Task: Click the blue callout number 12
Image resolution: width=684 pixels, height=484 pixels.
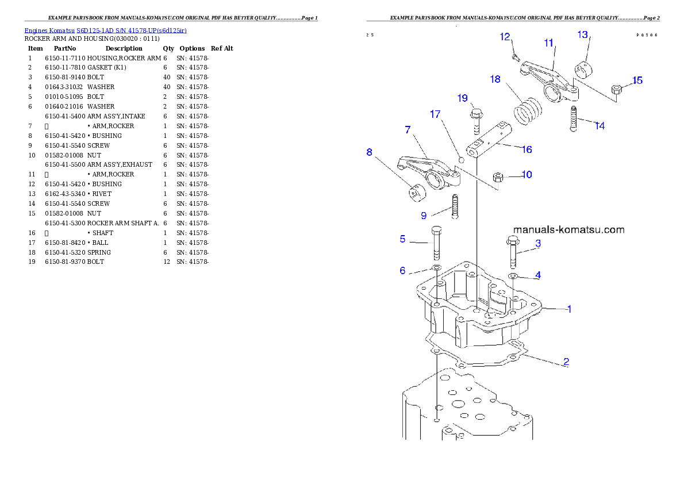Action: [505, 37]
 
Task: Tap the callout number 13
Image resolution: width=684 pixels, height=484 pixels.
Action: [583, 35]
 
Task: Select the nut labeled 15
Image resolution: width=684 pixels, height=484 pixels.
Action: [616, 89]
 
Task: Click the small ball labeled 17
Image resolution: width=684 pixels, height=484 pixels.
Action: [460, 158]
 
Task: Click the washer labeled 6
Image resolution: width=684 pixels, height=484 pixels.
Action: [436, 268]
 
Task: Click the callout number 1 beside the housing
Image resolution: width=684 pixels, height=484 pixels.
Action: [569, 309]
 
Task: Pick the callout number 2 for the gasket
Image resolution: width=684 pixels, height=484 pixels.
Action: [566, 362]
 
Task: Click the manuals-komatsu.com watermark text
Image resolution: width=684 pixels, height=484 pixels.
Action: [568, 230]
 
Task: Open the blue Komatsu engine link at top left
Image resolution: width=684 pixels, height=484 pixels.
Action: [105, 30]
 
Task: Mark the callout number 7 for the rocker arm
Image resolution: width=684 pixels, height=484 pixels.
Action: [408, 130]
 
